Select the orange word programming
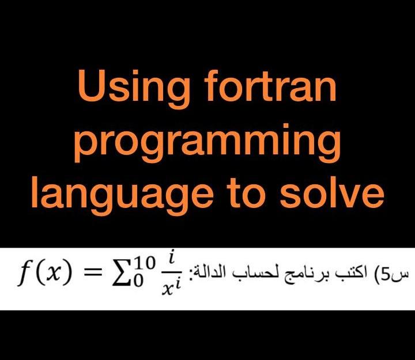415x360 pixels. coord(207,143)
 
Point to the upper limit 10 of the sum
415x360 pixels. coord(144,263)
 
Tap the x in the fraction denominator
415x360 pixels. coord(167,290)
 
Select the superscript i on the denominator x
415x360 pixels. coord(178,284)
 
